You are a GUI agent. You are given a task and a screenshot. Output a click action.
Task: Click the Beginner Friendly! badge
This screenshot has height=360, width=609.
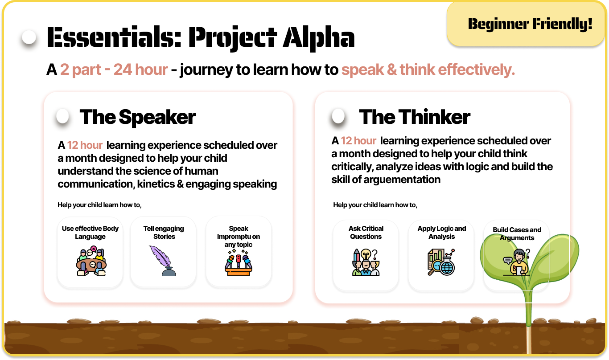527,24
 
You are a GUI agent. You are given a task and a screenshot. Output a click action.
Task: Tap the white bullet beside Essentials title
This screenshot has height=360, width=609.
29,37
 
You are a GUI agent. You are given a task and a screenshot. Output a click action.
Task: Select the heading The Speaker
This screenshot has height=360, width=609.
138,117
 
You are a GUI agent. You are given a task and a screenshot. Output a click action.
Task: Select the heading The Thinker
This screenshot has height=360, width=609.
415,117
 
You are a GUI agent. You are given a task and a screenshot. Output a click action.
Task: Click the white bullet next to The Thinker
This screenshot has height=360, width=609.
338,116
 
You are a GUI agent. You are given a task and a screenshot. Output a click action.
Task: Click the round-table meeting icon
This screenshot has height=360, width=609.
91,261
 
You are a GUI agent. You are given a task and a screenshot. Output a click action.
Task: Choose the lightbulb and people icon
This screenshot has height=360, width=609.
366,262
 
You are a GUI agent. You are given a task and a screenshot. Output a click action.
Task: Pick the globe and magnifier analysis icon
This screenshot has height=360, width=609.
441,262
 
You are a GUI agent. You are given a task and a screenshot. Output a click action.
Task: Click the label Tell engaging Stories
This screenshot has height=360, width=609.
164,232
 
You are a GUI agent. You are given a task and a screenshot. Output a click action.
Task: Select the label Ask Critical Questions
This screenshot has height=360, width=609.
366,232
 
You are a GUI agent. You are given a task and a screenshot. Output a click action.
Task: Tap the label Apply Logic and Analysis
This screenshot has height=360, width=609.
442,232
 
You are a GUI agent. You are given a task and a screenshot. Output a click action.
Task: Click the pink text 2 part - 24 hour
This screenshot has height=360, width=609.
114,70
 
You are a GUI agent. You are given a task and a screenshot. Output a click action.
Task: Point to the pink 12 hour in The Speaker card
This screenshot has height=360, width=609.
85,145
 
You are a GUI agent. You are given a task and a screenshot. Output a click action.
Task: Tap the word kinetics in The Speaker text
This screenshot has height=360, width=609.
156,184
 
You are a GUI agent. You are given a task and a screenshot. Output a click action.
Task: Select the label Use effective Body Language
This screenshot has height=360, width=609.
90,232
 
